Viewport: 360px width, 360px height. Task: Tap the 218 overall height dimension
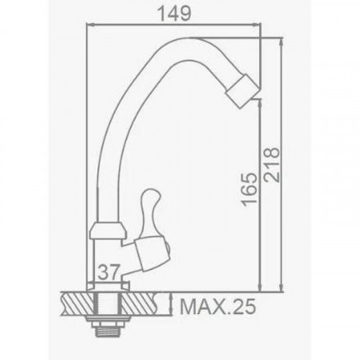[271, 165]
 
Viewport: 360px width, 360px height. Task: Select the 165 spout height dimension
[249, 189]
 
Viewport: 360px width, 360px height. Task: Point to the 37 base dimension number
[109, 271]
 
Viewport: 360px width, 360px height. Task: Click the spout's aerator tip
[243, 91]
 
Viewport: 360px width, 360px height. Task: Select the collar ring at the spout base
[108, 231]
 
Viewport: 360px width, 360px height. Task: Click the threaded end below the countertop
[107, 330]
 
